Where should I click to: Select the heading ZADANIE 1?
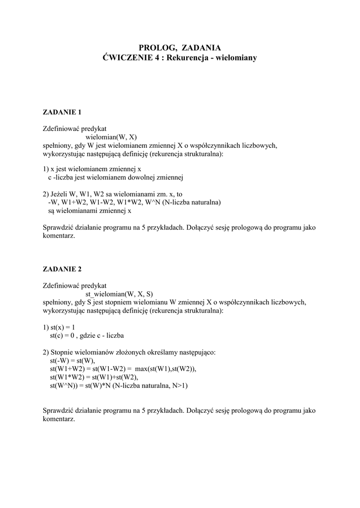tap(62, 112)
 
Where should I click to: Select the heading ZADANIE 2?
tap(62, 269)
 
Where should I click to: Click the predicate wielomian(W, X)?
tap(111, 136)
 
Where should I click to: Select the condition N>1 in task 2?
tap(180, 385)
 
